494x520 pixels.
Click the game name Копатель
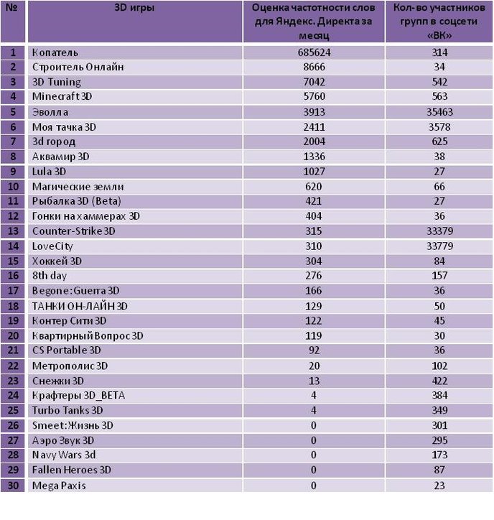pos(55,52)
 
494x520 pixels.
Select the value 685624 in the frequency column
pos(314,52)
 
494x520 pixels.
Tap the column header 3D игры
pos(134,7)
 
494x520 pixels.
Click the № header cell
pos(12,7)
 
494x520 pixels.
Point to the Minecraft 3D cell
pos(62,96)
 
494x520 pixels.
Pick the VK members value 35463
pos(439,112)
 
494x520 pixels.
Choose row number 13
pos(13,231)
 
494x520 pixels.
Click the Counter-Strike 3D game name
pos(74,231)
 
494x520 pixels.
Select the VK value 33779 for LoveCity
pos(439,246)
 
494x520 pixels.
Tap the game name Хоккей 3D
pos(57,261)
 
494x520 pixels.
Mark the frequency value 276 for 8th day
pos(313,276)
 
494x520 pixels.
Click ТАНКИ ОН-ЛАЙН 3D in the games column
pos(80,306)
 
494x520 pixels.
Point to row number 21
pos(13,350)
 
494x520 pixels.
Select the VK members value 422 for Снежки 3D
pos(439,381)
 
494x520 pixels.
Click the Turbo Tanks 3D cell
pos(67,411)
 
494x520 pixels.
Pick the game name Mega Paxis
pos(59,486)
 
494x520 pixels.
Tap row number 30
pos(13,486)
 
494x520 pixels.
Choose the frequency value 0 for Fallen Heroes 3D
pos(313,470)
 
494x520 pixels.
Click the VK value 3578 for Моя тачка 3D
pos(439,127)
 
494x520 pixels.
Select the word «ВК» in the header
pos(439,35)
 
